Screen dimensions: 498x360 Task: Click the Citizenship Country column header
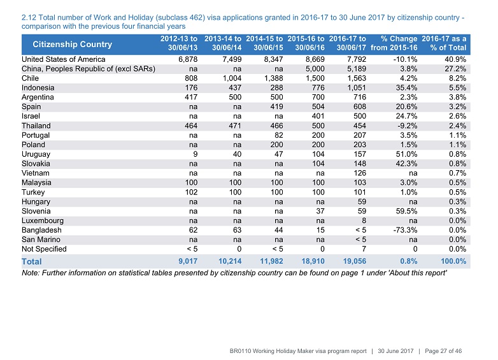tap(72, 44)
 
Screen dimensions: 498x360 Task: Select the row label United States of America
tap(64, 59)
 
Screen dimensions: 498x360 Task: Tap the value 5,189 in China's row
tap(357, 69)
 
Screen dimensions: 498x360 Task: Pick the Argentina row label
tap(38, 97)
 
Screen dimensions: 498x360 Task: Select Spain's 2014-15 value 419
tap(276, 107)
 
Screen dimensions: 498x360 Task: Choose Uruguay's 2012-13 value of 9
tap(195, 154)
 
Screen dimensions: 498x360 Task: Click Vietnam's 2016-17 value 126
tap(360, 173)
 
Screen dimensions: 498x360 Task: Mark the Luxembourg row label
tap(43, 220)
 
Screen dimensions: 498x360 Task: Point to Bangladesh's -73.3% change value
tap(405, 230)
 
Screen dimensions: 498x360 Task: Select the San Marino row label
tap(41, 240)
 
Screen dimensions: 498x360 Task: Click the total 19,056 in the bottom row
tap(355, 261)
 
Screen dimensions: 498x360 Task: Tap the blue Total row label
tap(31, 261)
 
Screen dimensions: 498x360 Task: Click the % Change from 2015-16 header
tap(394, 43)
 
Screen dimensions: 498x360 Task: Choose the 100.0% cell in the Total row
tap(453, 261)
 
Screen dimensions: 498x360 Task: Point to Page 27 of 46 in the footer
tap(443, 351)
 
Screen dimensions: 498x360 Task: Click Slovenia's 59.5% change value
tap(406, 211)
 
